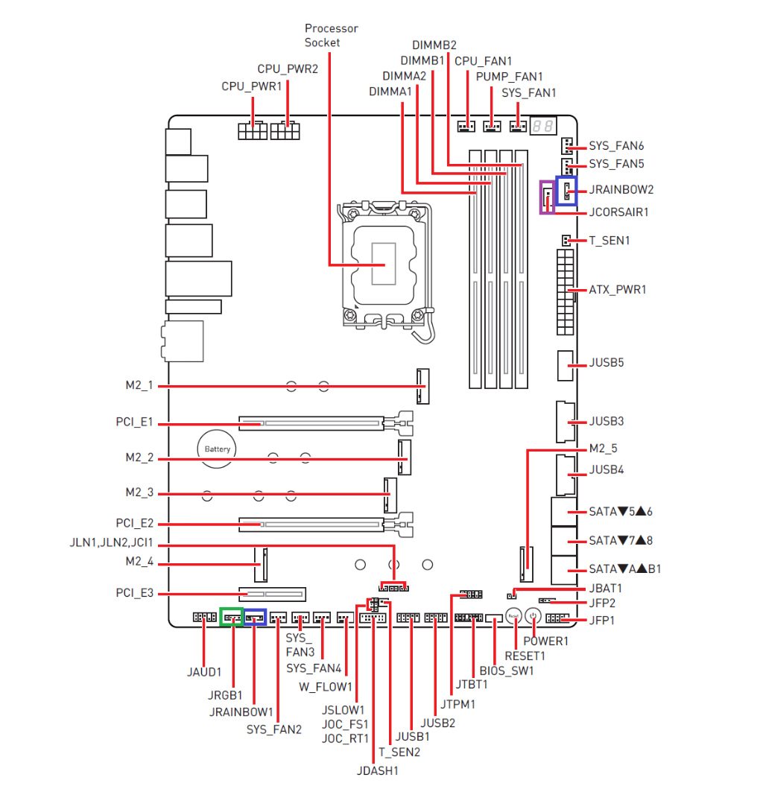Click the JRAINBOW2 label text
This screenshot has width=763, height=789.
(621, 189)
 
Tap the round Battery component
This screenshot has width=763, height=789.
(218, 449)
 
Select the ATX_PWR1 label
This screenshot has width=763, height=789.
(618, 289)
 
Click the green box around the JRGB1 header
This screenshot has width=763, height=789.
(232, 617)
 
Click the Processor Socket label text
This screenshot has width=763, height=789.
(331, 35)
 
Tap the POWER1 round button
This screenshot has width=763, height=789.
(533, 615)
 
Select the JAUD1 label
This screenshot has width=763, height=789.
(204, 672)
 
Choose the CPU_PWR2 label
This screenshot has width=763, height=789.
(288, 69)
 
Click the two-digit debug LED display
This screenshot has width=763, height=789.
(542, 127)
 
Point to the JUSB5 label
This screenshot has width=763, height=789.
(607, 363)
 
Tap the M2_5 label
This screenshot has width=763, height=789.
(603, 449)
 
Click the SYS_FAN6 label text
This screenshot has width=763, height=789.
(616, 146)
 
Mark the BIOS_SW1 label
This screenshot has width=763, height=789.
(507, 671)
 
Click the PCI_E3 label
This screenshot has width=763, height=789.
(135, 594)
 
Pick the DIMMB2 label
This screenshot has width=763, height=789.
(434, 45)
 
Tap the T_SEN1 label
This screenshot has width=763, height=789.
(610, 241)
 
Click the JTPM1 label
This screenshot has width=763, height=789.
(458, 703)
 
